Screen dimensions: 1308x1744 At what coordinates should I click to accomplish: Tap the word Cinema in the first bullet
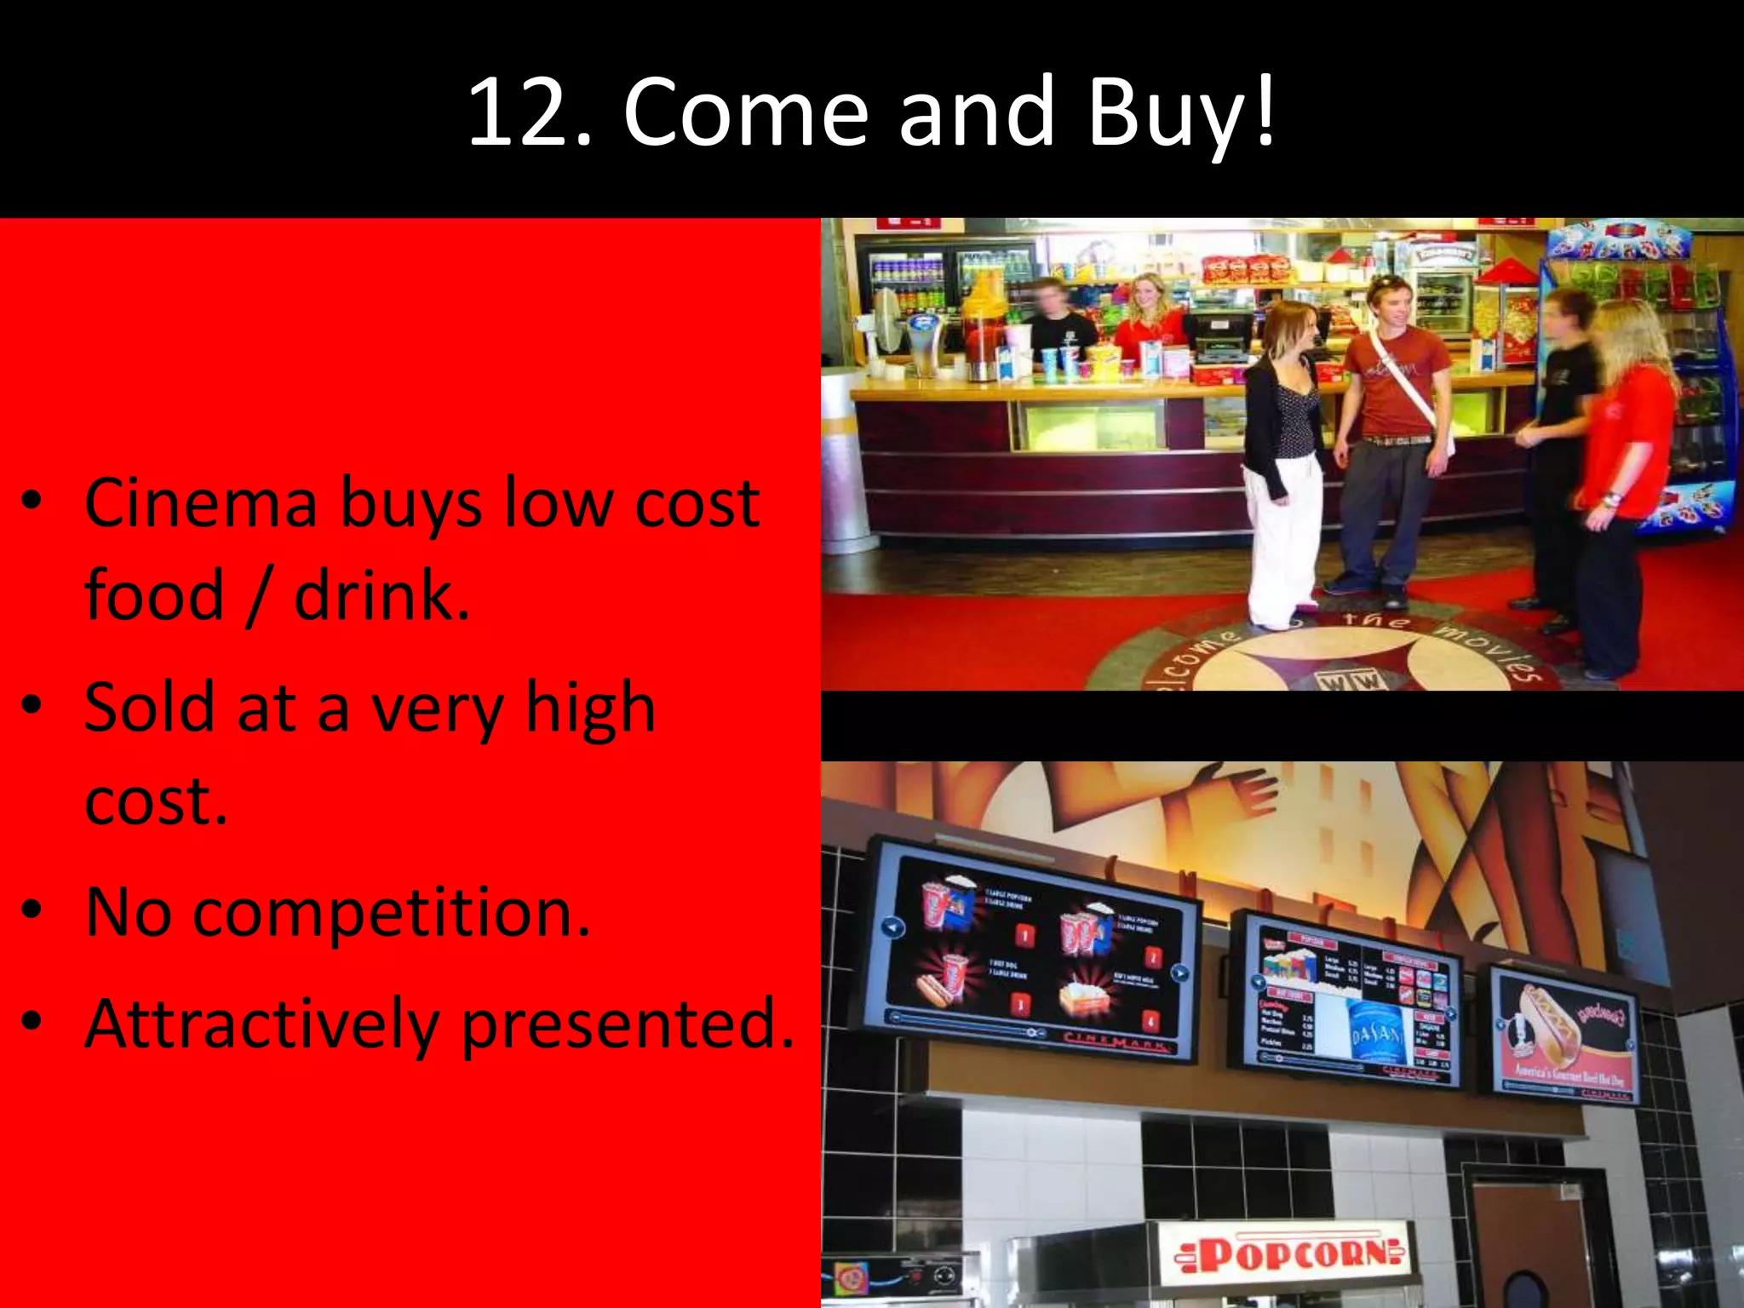[x=201, y=504]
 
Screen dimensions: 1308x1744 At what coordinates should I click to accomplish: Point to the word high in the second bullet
[x=590, y=708]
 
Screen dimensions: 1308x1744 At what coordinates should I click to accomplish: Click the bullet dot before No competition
[x=32, y=911]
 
